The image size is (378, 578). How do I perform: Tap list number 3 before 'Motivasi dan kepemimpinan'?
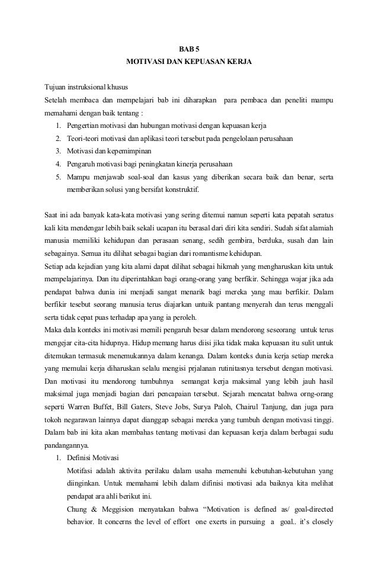coord(58,150)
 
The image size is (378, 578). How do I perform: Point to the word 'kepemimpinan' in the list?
coord(127,150)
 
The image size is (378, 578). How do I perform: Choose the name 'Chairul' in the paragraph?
coord(264,407)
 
